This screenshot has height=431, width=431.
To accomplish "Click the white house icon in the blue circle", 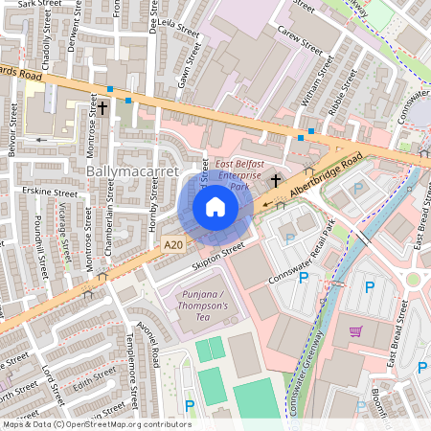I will pos(215,207).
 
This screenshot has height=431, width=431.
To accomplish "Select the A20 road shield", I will pos(172,244).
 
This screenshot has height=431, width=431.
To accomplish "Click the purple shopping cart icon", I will pos(355,331).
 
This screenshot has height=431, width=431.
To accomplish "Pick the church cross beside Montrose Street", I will pos(102,108).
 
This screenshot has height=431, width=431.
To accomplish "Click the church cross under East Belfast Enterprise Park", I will pos(276,179).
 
